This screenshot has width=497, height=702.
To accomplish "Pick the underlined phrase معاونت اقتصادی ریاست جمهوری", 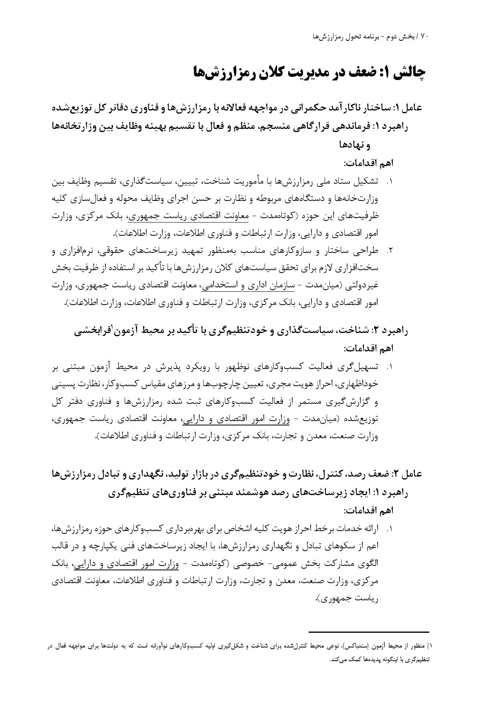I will click(x=188, y=216).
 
